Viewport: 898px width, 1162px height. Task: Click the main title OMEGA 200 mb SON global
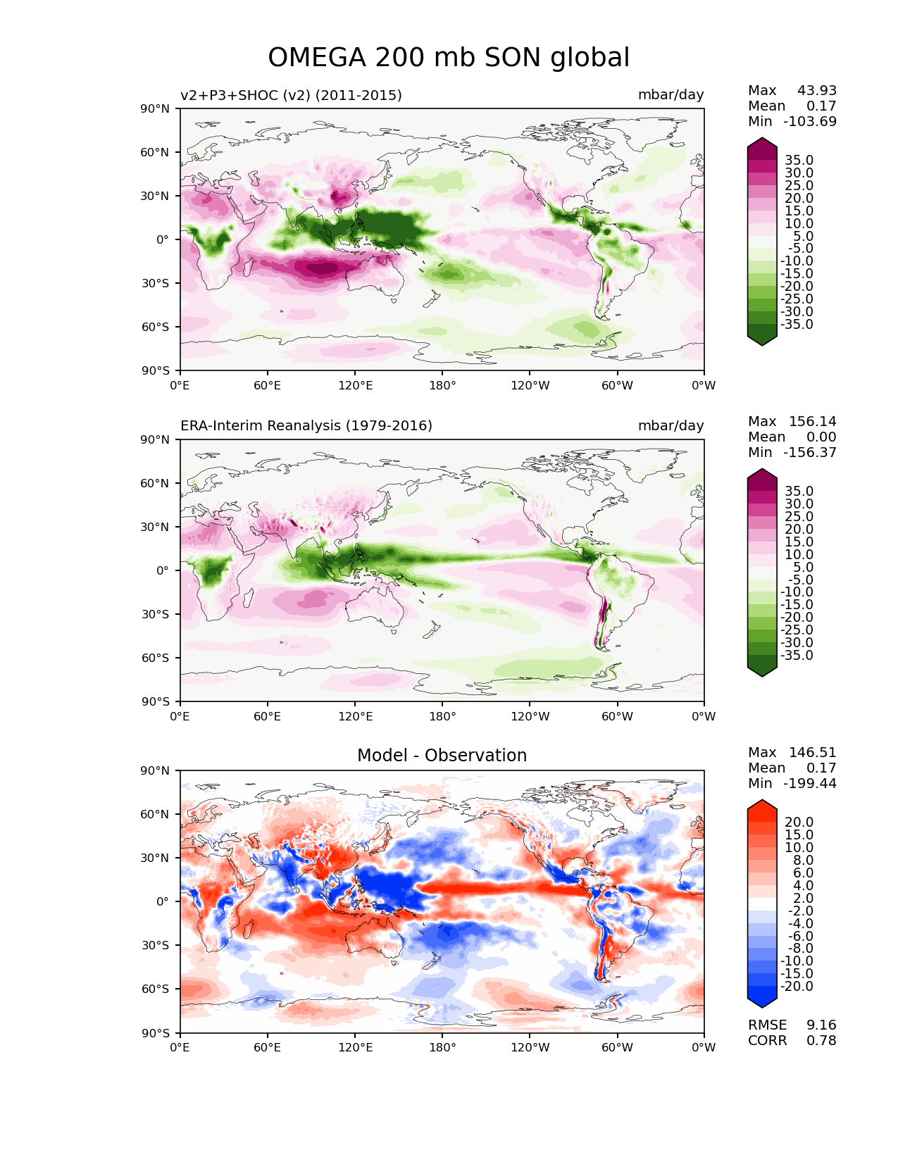tap(449, 58)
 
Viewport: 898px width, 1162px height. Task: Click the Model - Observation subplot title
tap(442, 756)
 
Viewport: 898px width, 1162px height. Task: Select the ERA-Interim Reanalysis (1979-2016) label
tap(306, 426)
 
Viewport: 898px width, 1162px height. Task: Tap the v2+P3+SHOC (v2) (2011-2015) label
tap(291, 95)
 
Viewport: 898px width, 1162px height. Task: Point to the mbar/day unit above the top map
tap(671, 95)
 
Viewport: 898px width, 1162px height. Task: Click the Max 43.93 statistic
tap(792, 91)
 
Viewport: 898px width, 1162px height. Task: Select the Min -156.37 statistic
tap(792, 453)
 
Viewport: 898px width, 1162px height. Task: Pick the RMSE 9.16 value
tap(792, 1025)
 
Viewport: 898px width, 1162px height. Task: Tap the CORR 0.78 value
tap(792, 1041)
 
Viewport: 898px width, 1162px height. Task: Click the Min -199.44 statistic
tap(792, 784)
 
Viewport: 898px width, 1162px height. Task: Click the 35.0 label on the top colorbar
tap(799, 161)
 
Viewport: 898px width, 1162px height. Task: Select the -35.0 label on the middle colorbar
tap(797, 656)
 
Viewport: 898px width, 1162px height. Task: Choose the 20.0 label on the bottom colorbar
tap(799, 823)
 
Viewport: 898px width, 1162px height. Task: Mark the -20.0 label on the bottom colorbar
tap(797, 987)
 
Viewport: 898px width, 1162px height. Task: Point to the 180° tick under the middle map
tap(442, 717)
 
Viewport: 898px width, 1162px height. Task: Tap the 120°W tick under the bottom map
tap(530, 1048)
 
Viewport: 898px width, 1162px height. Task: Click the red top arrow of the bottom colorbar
tap(762, 806)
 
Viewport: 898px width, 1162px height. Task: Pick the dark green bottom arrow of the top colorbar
tap(762, 339)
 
